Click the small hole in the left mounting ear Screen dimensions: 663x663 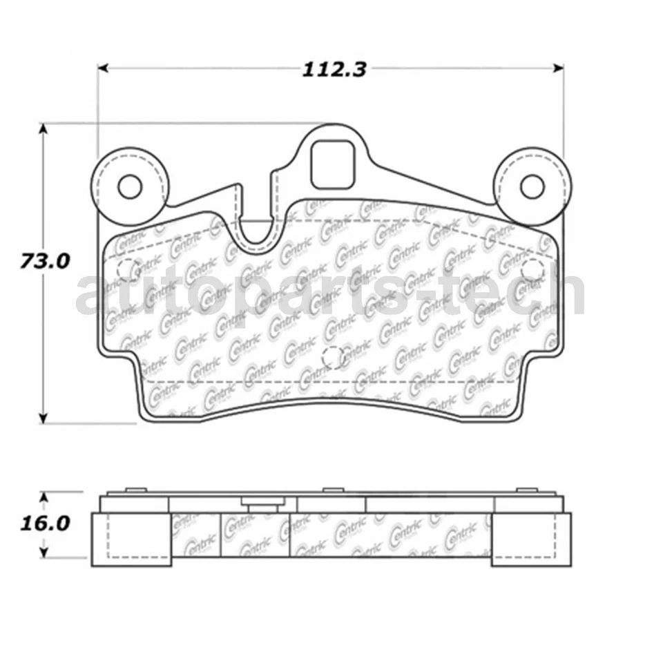pos(129,186)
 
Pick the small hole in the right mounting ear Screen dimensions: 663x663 pos(532,186)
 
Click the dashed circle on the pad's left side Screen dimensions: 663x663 pos(126,270)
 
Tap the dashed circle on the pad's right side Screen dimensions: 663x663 pos(532,270)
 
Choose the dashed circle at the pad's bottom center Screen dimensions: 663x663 pos(333,356)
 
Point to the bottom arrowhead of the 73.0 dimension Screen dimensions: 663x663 pos(44,416)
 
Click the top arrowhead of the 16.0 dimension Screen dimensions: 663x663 pos(44,496)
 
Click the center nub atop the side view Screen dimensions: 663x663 pos(332,490)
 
